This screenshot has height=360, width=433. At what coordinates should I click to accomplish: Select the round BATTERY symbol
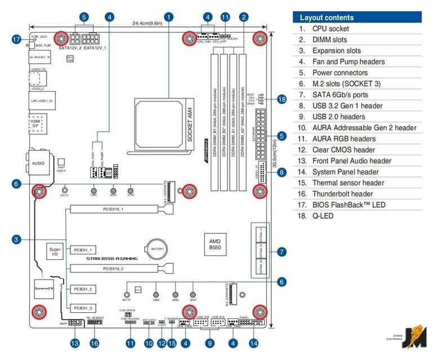point(156,247)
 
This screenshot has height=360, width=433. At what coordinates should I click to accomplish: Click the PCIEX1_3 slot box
point(83,308)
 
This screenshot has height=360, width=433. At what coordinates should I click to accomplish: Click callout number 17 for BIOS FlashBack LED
point(16,39)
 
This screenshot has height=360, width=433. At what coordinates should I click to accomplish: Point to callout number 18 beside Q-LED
point(282,99)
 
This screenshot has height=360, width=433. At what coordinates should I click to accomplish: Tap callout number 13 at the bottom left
point(74,342)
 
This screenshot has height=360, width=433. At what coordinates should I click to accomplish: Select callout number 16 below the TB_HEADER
point(94,342)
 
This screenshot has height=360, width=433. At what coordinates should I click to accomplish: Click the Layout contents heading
point(327,17)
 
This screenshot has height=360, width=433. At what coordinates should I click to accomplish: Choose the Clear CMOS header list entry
point(343,150)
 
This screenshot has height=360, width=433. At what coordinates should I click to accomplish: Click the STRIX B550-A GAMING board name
point(111,258)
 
